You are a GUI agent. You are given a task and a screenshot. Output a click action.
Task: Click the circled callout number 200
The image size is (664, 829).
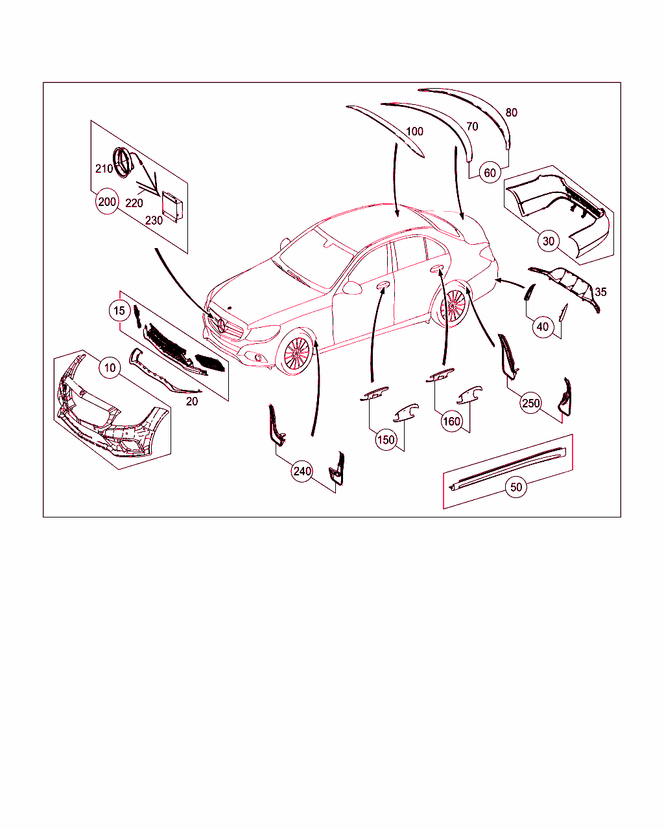[x=107, y=201]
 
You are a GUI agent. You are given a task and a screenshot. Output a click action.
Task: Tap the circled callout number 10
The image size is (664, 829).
[x=110, y=367]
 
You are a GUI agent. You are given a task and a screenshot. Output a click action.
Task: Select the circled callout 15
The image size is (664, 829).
[x=119, y=310]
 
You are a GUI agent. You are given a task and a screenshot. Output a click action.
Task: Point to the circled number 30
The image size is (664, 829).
[x=548, y=241]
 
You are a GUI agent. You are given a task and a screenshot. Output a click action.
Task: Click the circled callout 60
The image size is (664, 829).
[x=490, y=172]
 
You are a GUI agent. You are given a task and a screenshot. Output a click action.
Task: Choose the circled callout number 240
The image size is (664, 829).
[x=302, y=471]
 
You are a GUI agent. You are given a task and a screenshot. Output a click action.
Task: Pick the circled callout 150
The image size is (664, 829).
[x=386, y=440]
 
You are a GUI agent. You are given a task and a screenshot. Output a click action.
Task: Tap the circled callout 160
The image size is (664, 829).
[x=451, y=421]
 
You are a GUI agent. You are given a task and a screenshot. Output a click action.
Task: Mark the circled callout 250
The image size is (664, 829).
[x=530, y=403]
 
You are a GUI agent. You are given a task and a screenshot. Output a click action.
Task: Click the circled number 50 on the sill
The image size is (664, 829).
[x=516, y=487]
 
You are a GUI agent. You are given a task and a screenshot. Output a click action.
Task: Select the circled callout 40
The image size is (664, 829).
[x=543, y=326]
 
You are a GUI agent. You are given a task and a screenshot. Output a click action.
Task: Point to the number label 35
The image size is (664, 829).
[x=600, y=292]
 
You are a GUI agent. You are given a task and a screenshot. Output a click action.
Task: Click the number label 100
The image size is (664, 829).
[x=414, y=131]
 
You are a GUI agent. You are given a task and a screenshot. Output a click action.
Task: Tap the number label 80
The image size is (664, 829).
[x=511, y=113]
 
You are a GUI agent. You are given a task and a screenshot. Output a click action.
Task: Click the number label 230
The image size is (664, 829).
[x=154, y=220]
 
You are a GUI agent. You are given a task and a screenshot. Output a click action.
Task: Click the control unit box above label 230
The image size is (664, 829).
[x=172, y=207]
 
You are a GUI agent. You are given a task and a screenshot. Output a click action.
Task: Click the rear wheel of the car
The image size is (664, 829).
[x=455, y=306]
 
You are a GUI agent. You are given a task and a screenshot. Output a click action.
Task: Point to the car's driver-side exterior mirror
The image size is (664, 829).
[x=352, y=288]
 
